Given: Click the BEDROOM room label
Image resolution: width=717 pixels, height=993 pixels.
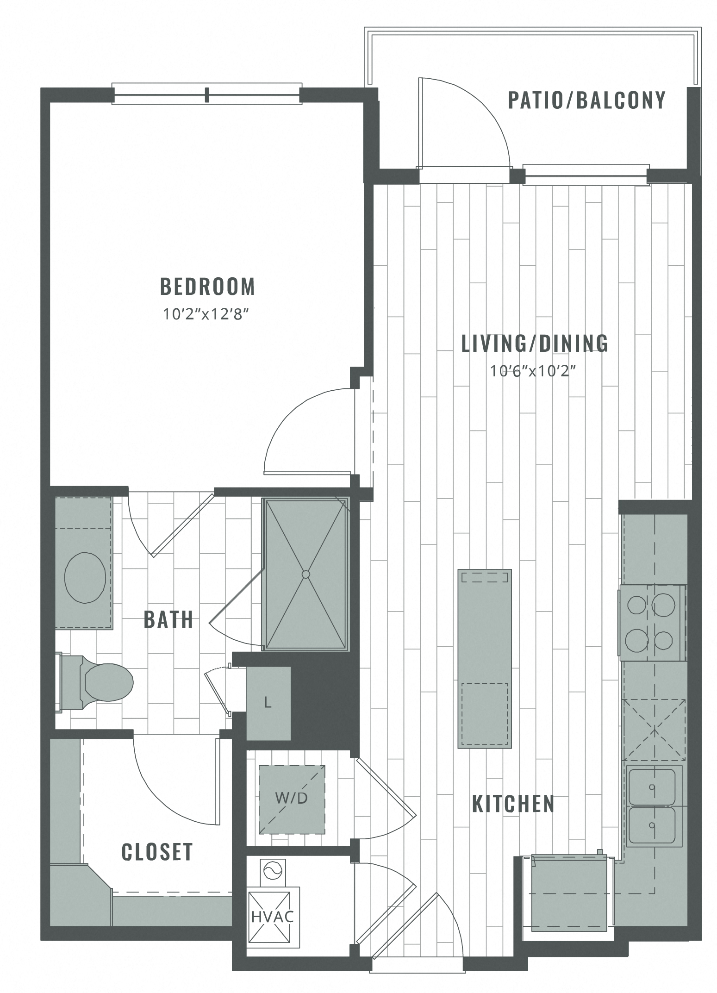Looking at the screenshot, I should click(x=207, y=287).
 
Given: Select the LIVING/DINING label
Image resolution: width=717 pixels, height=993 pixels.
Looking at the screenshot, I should click(x=535, y=343).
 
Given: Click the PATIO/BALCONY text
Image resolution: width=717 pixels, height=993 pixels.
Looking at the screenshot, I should click(x=586, y=100).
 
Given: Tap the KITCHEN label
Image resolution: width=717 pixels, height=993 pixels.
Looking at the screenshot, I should click(x=513, y=804).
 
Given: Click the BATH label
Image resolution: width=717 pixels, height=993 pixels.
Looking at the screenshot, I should click(x=168, y=620).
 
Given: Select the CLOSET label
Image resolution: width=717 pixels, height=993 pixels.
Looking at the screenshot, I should click(x=157, y=852).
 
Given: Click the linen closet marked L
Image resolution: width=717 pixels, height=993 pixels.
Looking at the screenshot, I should click(x=268, y=703).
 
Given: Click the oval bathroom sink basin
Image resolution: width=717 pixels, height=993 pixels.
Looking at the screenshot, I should click(x=85, y=578).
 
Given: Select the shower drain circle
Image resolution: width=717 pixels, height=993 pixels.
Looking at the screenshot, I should click(x=305, y=575).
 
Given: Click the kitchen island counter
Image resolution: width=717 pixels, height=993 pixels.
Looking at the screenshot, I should click(x=484, y=658).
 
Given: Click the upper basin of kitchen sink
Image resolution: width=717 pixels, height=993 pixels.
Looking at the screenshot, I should click(x=651, y=787).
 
